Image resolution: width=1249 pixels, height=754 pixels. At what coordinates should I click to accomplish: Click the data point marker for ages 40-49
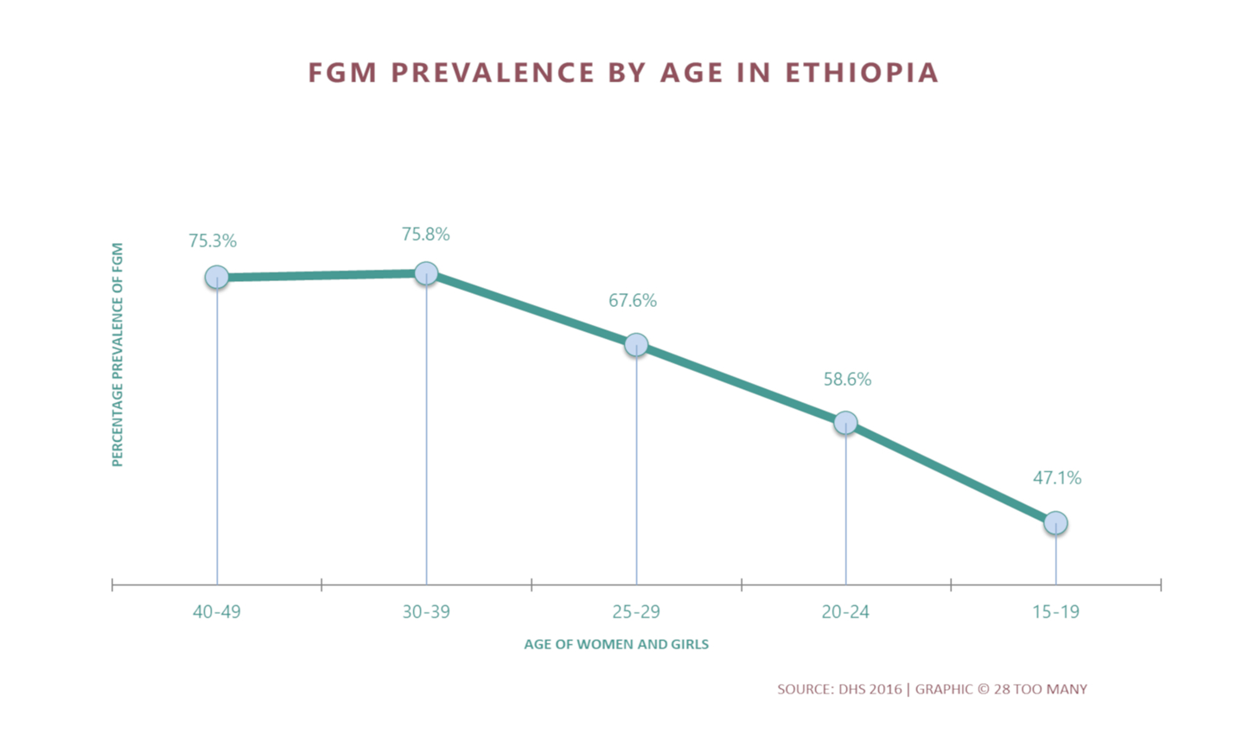(217, 277)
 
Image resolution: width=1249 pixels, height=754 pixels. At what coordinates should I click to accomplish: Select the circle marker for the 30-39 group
(426, 273)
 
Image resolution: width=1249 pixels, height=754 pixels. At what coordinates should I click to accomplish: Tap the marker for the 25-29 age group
(636, 345)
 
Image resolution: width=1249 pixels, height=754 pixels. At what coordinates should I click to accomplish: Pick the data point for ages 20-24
(845, 423)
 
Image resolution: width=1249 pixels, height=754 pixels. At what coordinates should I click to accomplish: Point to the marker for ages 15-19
(1055, 523)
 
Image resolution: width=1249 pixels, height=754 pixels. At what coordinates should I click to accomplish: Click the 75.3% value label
(213, 241)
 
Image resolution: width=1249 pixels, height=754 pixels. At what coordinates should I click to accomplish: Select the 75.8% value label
(425, 234)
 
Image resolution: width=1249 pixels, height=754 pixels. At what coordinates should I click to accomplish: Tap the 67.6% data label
(633, 301)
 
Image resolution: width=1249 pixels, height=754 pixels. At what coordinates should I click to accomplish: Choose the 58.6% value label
(847, 380)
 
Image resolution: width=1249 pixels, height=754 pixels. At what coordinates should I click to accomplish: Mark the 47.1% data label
(1057, 478)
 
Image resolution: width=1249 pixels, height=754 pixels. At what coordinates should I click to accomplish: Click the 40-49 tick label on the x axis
(216, 612)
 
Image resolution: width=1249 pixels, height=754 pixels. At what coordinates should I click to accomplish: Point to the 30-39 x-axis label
(426, 612)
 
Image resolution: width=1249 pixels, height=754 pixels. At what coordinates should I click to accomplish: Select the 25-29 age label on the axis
(636, 612)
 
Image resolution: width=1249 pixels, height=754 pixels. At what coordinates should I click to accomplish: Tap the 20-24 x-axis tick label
(845, 612)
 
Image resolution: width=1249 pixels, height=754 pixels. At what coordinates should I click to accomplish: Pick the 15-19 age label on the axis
(1055, 612)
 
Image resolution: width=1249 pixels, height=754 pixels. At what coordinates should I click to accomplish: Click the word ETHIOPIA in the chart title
(862, 73)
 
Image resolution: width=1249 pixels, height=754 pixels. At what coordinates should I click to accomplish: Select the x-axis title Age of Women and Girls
(616, 644)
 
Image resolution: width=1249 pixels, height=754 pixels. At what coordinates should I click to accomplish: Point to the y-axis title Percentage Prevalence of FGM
(118, 355)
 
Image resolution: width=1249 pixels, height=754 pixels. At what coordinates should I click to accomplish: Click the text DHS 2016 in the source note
(870, 689)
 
